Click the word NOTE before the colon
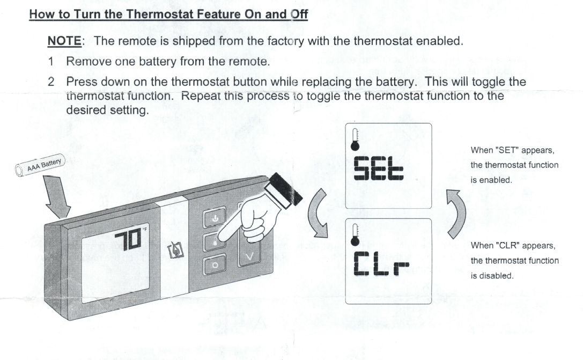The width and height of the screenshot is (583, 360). click(x=64, y=41)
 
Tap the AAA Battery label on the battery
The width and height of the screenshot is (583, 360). click(x=44, y=165)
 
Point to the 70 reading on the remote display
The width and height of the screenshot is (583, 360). click(x=128, y=239)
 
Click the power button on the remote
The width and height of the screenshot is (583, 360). click(x=215, y=218)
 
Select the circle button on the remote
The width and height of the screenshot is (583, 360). click(x=215, y=265)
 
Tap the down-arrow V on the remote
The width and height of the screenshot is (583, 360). click(x=250, y=256)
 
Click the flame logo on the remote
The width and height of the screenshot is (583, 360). click(x=176, y=250)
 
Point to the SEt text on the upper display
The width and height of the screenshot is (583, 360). click(x=378, y=168)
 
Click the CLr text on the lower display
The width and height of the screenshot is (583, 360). click(x=381, y=263)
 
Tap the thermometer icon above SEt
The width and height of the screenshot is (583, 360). click(x=355, y=140)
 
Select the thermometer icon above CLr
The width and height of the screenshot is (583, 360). click(x=355, y=235)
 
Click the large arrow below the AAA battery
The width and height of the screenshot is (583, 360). click(x=57, y=197)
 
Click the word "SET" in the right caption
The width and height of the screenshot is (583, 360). click(x=507, y=150)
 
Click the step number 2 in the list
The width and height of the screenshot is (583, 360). click(x=51, y=82)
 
